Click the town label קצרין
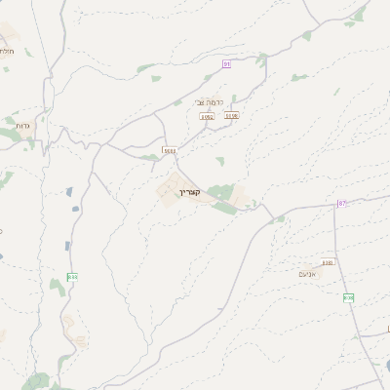tap(188, 193)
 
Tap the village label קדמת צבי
tap(211, 102)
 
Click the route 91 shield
tap(226, 63)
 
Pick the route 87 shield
tap(341, 203)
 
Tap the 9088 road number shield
tap(170, 151)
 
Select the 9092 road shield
tap(207, 116)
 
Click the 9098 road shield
tap(231, 115)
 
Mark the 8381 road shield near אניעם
tap(328, 262)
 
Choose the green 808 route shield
tap(348, 297)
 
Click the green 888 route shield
tap(72, 278)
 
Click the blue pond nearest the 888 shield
tap(67, 245)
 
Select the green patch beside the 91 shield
tap(209, 76)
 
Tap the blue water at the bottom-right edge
tap(387, 367)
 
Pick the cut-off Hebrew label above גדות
tap(6, 50)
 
